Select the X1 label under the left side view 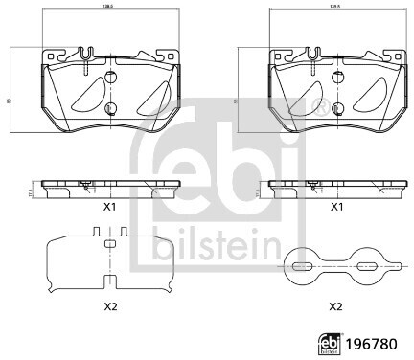tap(109, 206)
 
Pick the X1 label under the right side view tap(336, 206)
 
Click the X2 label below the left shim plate tap(109, 305)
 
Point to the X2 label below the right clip tap(336, 305)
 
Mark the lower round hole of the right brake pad tap(336, 107)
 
